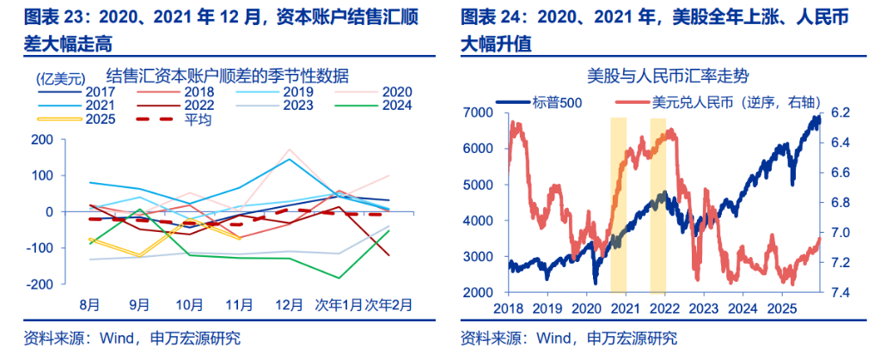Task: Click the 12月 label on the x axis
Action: click(288, 304)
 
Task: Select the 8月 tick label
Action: click(90, 304)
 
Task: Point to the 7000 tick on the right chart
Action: click(476, 113)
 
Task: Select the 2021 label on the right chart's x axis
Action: click(625, 308)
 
